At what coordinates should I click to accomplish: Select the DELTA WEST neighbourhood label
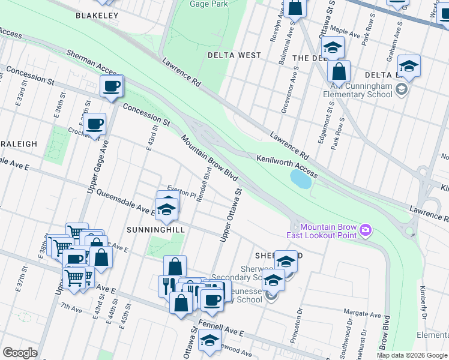click(x=234, y=55)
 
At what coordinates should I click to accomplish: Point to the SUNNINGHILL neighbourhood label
click(x=147, y=229)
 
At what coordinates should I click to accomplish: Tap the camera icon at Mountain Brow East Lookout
click(x=365, y=230)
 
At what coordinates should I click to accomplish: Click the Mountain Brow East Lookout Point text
click(x=328, y=231)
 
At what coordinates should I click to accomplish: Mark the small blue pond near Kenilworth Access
click(x=303, y=178)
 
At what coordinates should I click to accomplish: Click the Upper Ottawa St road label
click(x=230, y=217)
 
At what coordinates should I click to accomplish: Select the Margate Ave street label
click(x=362, y=314)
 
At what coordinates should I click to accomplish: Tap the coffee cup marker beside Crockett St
click(x=94, y=125)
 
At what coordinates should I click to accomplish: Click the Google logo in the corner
click(x=20, y=353)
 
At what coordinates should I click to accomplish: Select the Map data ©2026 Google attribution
click(x=412, y=355)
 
